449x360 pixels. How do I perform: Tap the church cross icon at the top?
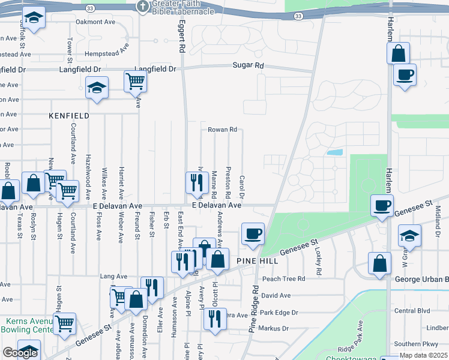point(142,7)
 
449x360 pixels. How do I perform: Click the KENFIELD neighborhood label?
point(70,115)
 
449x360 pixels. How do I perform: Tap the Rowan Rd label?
point(223,130)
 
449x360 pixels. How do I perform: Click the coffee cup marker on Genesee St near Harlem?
point(382,206)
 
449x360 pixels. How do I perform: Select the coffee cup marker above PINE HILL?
point(253,233)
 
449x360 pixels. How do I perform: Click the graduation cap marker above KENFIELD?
point(97,88)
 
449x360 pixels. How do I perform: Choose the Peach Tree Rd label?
point(283,279)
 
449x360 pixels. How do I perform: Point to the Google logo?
point(20,352)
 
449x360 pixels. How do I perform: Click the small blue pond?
point(334,152)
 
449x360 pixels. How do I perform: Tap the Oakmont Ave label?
point(95,22)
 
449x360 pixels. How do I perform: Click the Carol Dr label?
point(241,187)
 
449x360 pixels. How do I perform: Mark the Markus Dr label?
point(273,329)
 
